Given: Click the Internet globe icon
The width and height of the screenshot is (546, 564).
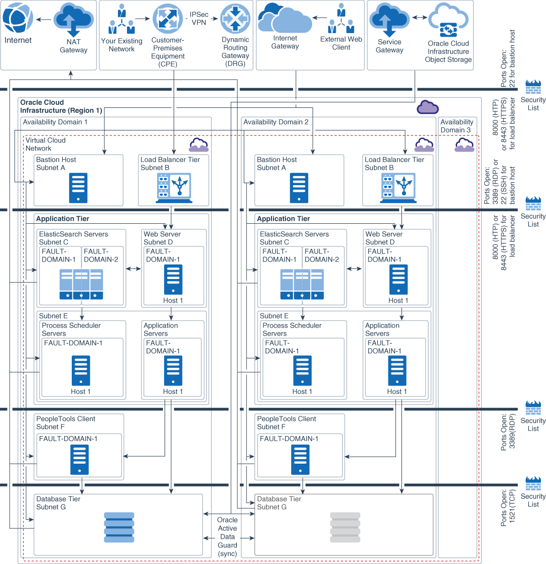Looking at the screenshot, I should coord(18,18).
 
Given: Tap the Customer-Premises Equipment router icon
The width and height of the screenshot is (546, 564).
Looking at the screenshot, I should coord(168,19).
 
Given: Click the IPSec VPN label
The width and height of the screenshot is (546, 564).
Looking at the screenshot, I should coord(199,19).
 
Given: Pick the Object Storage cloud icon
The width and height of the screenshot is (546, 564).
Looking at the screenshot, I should coord(448,20).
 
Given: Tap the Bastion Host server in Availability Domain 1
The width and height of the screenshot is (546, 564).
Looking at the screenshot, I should coord(78,188).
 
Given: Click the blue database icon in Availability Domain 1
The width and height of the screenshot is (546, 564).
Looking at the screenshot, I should coord(119,527).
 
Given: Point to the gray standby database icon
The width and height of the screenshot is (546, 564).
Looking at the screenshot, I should coord(345,527).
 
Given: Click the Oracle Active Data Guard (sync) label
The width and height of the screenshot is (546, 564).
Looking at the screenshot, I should coord(227,536).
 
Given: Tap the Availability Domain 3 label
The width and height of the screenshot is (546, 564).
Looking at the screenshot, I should coord(457,126).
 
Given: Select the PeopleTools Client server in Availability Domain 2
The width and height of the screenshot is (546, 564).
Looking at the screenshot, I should coord(299,460).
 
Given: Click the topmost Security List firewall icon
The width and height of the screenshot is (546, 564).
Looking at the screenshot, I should coord(533,87).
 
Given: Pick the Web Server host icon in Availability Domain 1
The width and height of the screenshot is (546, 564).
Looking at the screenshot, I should coord(173,279).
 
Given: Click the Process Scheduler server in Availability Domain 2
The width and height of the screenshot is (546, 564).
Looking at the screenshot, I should coord(303,371).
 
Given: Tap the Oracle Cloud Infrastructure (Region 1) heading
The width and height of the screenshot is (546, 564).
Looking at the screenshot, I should coord(61,106).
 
